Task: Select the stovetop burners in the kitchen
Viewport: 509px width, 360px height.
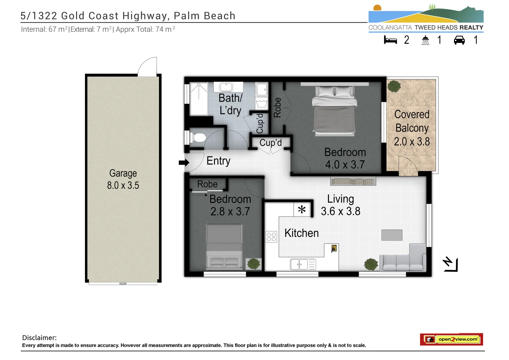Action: point(271,237)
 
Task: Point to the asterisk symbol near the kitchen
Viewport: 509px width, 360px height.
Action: point(302,210)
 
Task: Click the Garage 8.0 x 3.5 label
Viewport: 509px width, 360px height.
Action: point(123,179)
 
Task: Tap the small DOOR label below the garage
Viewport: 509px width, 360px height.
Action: point(123,284)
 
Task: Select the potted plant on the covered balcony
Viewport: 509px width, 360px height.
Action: point(394,86)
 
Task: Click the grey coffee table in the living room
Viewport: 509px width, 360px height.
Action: point(392,235)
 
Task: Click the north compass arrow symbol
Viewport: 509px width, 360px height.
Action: point(450,264)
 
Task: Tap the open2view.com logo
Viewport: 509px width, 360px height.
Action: point(451,339)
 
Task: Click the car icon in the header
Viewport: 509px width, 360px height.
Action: point(459,40)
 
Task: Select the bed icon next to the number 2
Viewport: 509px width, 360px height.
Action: point(390,40)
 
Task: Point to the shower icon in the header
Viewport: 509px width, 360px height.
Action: point(425,40)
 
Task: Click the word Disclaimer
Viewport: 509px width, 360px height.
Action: point(39,338)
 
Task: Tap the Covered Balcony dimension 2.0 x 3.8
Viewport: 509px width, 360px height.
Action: point(412,142)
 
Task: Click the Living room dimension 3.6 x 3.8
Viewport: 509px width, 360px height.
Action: point(340,211)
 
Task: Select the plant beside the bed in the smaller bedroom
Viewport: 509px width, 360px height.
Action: point(254,264)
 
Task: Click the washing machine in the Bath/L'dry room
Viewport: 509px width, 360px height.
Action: point(262,89)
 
